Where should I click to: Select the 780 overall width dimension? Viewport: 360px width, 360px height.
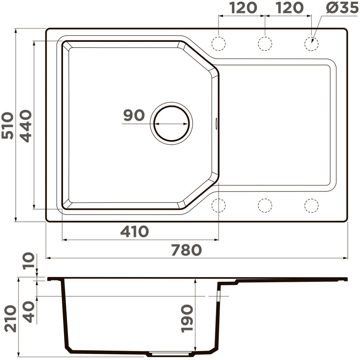(x=186, y=250)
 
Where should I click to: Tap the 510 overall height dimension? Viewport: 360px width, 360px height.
(x=7, y=125)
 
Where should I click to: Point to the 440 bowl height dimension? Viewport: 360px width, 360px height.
(x=25, y=126)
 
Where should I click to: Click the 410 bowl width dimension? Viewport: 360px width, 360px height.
(x=135, y=231)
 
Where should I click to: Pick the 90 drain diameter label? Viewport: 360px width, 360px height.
(x=134, y=115)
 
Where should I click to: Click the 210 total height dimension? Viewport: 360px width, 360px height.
(x=10, y=319)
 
